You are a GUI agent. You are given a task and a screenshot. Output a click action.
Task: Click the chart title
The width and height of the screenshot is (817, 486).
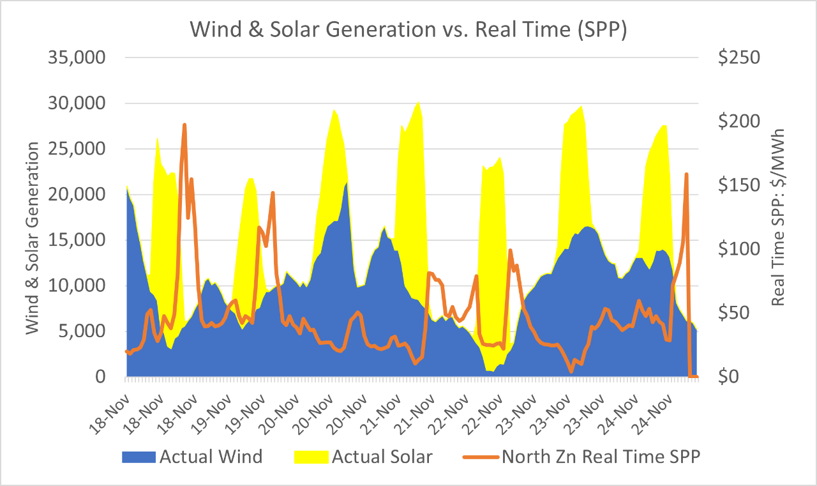click(x=408, y=31)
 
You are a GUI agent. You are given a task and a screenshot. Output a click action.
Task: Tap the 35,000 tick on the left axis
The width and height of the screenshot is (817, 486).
click(x=76, y=57)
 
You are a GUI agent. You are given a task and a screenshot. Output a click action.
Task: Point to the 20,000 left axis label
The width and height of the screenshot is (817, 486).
click(x=76, y=194)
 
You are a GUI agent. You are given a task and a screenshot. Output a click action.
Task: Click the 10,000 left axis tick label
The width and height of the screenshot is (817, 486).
click(x=76, y=285)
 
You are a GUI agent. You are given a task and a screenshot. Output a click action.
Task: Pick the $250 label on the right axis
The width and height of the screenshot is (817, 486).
click(x=738, y=57)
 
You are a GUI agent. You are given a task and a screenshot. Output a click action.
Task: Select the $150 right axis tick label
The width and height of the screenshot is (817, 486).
click(x=738, y=185)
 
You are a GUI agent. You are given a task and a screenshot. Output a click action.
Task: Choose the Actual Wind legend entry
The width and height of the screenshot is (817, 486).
click(x=211, y=457)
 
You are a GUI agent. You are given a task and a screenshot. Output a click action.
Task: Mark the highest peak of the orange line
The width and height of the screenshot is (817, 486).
click(x=184, y=125)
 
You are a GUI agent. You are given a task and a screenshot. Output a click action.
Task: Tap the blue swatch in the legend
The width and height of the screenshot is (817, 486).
click(x=138, y=457)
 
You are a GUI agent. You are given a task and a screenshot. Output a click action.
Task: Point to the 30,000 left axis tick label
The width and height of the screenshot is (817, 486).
click(x=76, y=103)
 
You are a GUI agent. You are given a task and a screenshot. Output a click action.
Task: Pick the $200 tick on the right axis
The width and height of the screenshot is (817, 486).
click(x=738, y=121)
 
